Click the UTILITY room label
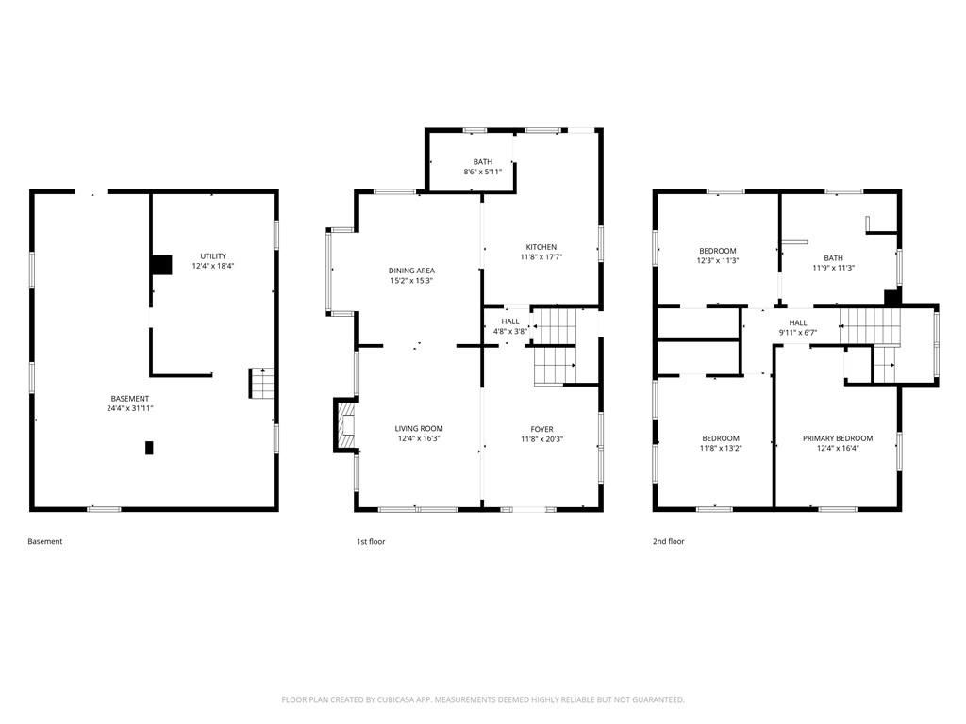tap(213, 256)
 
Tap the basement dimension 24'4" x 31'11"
tap(130, 408)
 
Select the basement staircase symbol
tap(261, 383)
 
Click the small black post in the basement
tap(149, 448)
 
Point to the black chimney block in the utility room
tap(161, 265)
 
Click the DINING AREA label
tap(411, 271)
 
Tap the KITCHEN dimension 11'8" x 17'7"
tap(541, 256)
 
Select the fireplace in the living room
tap(346, 425)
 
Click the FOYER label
tap(542, 429)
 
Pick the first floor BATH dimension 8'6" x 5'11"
tap(483, 172)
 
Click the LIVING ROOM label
tap(419, 429)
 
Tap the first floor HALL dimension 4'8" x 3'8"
tap(510, 331)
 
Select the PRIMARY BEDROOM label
tap(838, 438)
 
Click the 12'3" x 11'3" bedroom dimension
tap(718, 260)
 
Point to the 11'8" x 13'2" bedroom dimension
tap(721, 448)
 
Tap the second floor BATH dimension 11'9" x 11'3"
tap(834, 268)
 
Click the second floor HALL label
tap(798, 322)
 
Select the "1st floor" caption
tap(371, 542)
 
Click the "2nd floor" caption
tap(669, 542)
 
